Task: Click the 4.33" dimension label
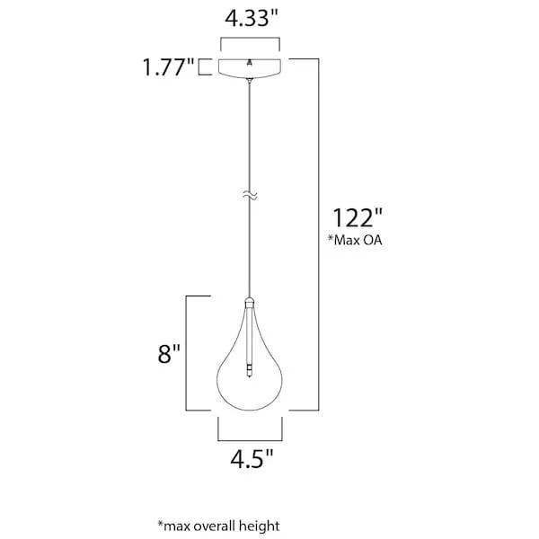tap(252, 19)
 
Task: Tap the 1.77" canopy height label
tap(169, 67)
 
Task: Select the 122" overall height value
tap(358, 217)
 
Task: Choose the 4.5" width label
tap(252, 458)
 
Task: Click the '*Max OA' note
tap(355, 240)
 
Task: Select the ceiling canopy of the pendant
tap(250, 68)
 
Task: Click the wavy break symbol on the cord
tap(250, 195)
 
